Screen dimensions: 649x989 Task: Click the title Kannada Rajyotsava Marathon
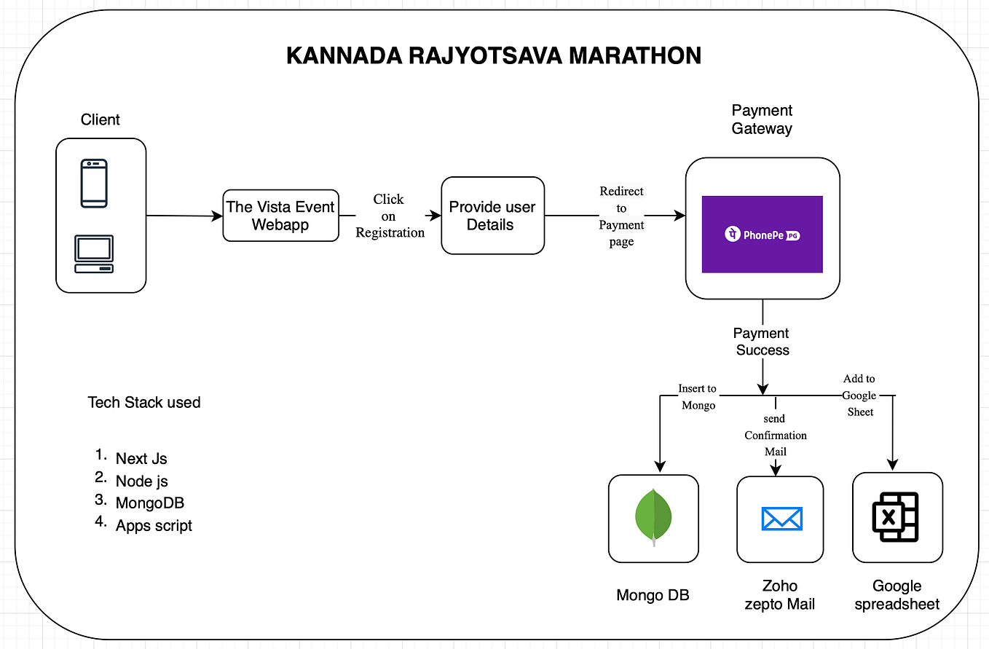tap(494, 56)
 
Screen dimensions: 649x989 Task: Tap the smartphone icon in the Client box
tap(94, 183)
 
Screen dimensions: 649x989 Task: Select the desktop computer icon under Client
tap(94, 253)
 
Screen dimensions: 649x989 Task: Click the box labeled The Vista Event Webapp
tap(280, 216)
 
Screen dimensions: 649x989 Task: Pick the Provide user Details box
tap(492, 216)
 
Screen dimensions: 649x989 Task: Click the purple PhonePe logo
tap(762, 235)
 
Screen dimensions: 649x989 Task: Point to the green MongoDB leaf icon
tap(653, 517)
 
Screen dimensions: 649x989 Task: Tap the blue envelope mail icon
tap(781, 519)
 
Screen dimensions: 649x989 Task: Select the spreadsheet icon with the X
tap(896, 517)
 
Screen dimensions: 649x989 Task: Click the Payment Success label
tap(762, 342)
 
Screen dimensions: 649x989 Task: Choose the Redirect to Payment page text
tap(621, 216)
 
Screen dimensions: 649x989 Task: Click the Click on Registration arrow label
tap(390, 216)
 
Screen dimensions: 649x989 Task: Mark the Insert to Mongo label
tap(697, 397)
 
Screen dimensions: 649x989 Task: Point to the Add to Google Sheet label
tap(860, 395)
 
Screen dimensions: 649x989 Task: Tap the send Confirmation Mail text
tap(775, 435)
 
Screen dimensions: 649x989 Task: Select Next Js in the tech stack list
tap(141, 459)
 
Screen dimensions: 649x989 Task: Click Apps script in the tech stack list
tap(154, 525)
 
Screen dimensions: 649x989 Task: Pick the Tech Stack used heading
tap(143, 403)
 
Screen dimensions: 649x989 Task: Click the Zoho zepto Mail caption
tap(779, 595)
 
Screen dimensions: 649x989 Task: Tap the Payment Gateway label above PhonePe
tap(762, 119)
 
